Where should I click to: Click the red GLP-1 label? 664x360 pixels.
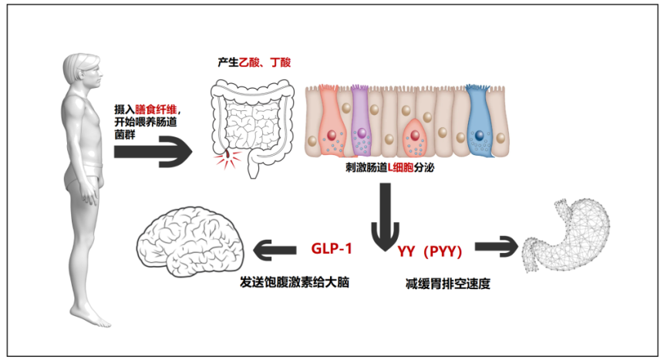[333, 249]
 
